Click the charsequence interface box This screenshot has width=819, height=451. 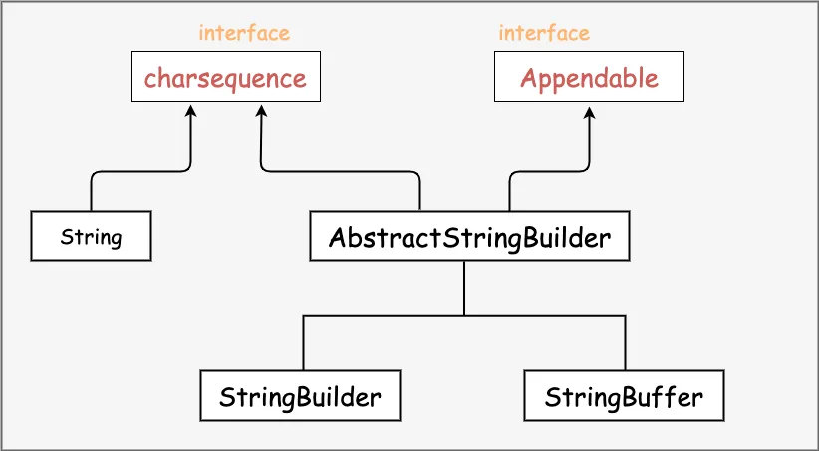(225, 77)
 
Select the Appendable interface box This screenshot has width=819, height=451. (589, 77)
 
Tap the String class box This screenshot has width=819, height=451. (91, 236)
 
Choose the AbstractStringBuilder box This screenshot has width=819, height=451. (469, 236)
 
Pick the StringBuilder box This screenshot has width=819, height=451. (300, 396)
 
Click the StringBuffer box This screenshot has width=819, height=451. (624, 396)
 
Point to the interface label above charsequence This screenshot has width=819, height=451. (244, 33)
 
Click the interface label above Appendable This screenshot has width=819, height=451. (544, 33)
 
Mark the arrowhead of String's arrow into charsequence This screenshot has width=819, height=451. (190, 109)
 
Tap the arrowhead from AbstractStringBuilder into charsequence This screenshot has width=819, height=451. (261, 109)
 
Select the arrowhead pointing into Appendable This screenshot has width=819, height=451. (590, 109)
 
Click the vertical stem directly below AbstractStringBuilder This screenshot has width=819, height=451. (465, 287)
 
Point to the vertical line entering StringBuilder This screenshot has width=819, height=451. (303, 343)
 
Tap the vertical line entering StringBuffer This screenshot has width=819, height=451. (626, 343)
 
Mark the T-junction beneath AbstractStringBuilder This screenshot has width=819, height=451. (465, 315)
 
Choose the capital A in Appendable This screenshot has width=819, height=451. (529, 78)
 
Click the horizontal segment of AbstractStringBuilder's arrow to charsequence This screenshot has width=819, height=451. (339, 171)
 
